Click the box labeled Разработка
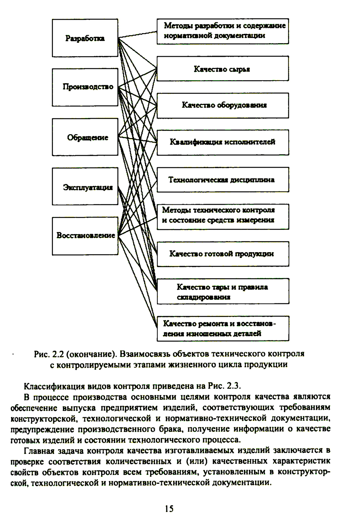point(85,38)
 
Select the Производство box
point(85,87)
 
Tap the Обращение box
point(85,137)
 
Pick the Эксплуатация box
point(85,186)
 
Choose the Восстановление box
point(85,236)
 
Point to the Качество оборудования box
point(222,105)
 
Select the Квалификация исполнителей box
point(222,142)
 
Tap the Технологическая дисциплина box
point(222,179)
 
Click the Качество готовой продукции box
point(222,254)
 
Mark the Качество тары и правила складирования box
point(222,292)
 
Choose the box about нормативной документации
point(222,31)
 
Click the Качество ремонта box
point(222,328)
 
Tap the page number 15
point(169,508)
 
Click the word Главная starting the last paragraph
point(39,450)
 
